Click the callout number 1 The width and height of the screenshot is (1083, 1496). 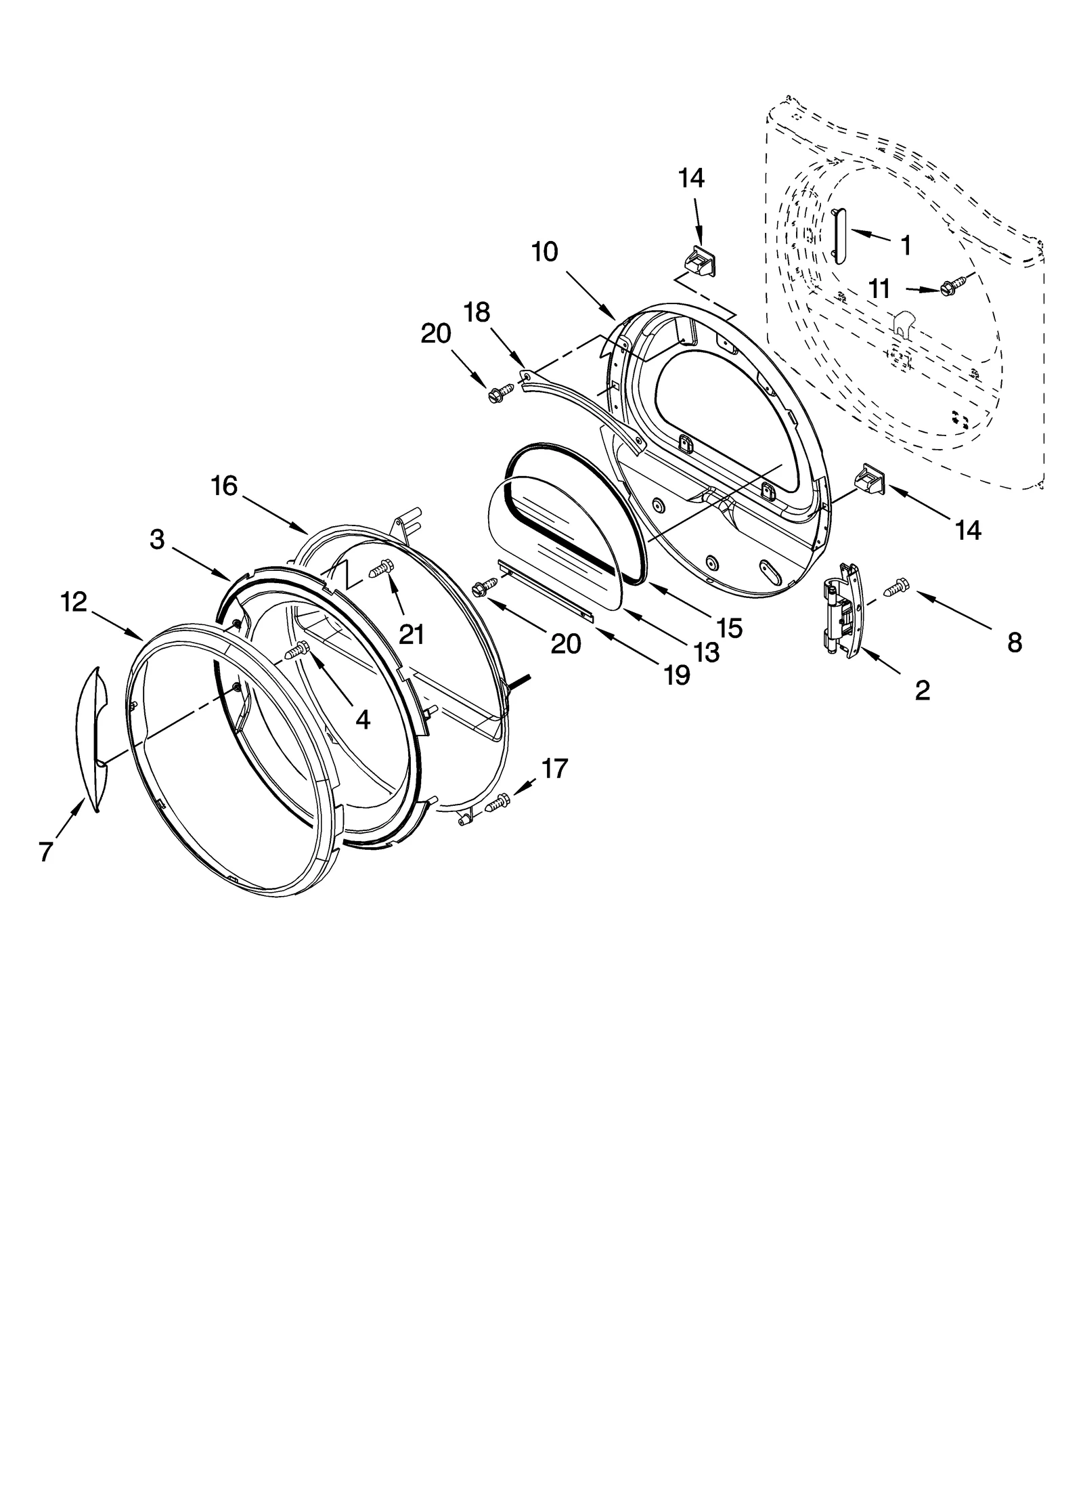pos(905,244)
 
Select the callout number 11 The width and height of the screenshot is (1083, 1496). pos(879,289)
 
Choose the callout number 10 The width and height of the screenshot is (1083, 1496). pos(545,252)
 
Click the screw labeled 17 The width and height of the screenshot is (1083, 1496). pos(497,803)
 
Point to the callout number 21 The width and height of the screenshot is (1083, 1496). pos(411,635)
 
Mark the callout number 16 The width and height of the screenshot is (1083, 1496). pos(225,486)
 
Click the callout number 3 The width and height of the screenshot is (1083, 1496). pos(157,540)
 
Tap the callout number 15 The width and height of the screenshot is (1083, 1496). pos(729,628)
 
